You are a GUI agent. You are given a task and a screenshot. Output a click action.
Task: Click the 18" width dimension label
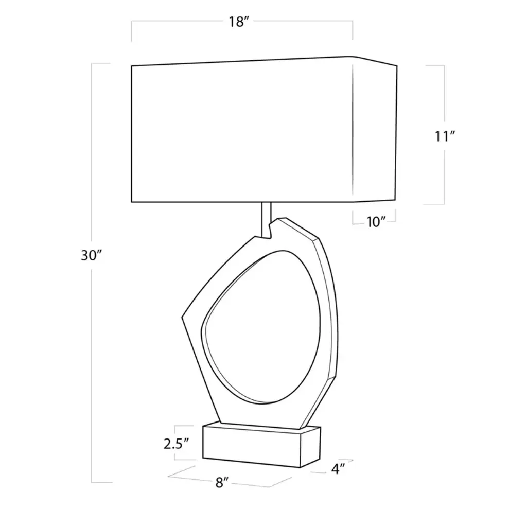click(239, 22)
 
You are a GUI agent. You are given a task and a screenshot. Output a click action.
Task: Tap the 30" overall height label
click(91, 256)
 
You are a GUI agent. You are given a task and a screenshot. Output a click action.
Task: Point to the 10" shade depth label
click(375, 222)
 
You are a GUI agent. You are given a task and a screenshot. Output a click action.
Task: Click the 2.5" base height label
click(177, 444)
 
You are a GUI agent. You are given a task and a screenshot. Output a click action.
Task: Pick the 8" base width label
click(222, 483)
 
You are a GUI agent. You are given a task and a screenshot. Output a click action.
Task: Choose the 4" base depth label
click(338, 469)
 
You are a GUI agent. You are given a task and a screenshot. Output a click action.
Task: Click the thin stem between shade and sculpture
click(266, 220)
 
